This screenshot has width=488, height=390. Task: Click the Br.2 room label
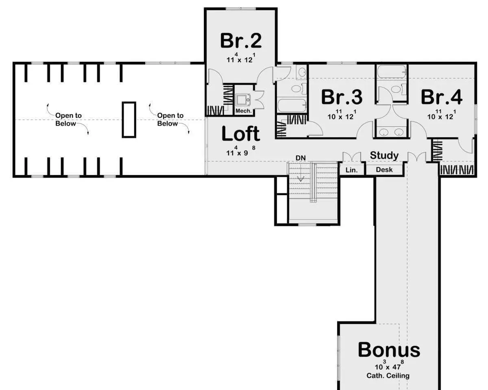tap(241, 41)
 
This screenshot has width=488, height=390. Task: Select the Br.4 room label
tap(442, 97)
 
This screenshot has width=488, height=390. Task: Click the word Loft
tap(241, 134)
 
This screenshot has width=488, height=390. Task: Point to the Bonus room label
tap(389, 350)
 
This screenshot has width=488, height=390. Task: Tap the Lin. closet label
tap(352, 170)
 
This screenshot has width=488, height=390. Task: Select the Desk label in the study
tap(384, 169)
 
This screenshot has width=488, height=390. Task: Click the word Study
tap(384, 156)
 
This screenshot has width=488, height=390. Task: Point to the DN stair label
tap(301, 158)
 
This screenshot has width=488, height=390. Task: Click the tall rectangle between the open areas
tap(129, 119)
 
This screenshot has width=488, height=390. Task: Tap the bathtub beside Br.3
tap(292, 106)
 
